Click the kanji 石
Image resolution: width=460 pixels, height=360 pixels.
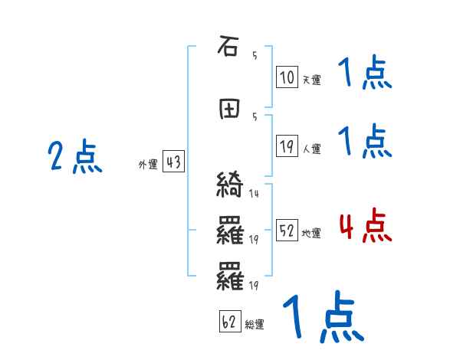[228, 47]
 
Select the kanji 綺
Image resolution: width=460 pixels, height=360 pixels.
[229, 186]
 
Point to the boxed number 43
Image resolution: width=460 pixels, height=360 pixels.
[173, 162]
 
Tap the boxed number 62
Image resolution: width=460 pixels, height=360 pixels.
[228, 323]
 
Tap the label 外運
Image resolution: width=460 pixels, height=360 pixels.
[148, 164]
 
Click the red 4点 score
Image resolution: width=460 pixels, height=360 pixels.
[365, 227]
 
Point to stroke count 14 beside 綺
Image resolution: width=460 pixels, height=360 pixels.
[254, 194]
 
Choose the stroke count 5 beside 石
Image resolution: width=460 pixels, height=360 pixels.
[254, 55]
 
